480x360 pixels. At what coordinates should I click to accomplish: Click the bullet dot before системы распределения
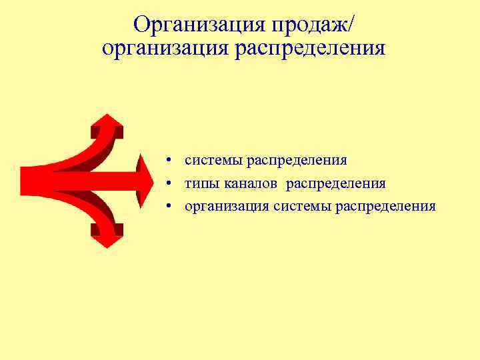pyautogui.click(x=171, y=161)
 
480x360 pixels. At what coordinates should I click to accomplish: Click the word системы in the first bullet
pyautogui.click(x=214, y=161)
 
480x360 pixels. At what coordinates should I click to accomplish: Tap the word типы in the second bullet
pyautogui.click(x=201, y=183)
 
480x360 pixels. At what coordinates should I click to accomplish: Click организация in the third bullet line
pyautogui.click(x=227, y=206)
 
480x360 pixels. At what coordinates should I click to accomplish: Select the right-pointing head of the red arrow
pyautogui.click(x=143, y=180)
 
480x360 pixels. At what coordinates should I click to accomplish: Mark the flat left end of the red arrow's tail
pyautogui.click(x=23, y=180)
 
